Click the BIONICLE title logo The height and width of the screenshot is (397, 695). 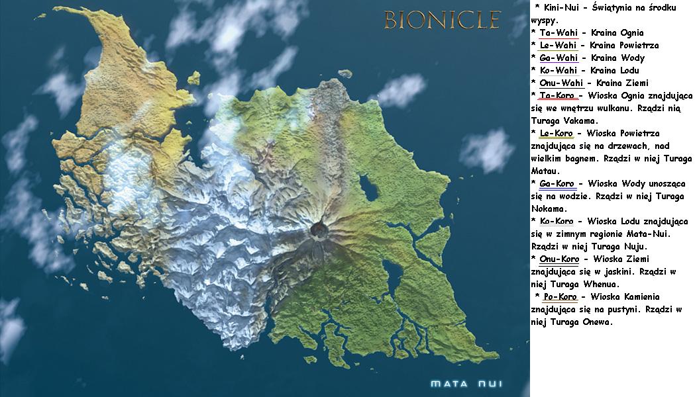pos(443,20)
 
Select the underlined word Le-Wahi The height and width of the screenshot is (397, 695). pos(558,45)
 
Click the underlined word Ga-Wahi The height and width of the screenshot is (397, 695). pos(558,58)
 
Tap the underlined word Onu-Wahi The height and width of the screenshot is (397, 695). pos(561,83)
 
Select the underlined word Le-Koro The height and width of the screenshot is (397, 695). pos(557,133)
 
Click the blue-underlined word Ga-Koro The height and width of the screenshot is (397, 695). pos(557,183)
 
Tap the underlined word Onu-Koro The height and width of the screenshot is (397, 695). pos(559,259)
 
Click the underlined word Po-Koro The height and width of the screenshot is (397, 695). pos(561,296)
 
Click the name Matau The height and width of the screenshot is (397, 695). pos(545,171)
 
